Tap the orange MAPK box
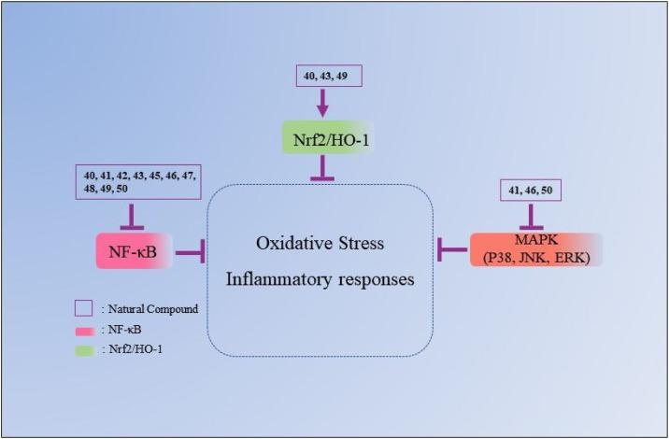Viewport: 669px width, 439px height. point(535,249)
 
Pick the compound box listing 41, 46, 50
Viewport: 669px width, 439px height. point(530,191)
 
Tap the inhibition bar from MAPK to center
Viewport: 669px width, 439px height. point(452,249)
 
